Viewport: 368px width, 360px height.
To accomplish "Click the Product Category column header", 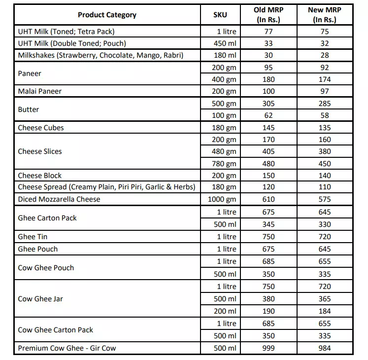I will (x=107, y=15).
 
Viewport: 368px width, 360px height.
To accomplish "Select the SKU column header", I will (x=220, y=15).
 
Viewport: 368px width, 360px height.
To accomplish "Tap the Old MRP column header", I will (x=268, y=15).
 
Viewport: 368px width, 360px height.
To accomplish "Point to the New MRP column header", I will (x=324, y=15).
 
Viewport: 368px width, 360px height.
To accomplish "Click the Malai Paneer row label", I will (x=40, y=91).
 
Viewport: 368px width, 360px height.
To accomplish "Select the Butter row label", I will (x=29, y=109).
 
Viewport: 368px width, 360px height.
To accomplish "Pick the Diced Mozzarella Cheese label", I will (x=59, y=199).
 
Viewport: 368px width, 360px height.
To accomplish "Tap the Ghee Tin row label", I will (x=33, y=237).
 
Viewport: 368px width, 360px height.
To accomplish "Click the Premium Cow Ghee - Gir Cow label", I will (x=67, y=348).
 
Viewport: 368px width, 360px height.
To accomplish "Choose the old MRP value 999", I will (x=268, y=348).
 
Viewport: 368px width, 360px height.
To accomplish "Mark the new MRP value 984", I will (x=325, y=348).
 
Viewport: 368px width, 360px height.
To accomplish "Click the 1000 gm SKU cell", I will (x=224, y=200).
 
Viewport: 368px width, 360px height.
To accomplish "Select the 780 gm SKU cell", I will (x=224, y=164).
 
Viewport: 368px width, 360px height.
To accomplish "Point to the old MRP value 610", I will (x=268, y=200).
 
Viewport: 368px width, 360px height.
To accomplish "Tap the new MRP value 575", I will (x=325, y=200).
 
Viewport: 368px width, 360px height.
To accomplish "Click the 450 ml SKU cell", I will (x=226, y=43).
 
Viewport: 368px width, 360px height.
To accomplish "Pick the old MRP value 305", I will (x=268, y=104).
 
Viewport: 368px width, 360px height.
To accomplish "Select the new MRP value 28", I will (x=325, y=55).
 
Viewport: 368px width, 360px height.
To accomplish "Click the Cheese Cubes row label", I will (x=41, y=128).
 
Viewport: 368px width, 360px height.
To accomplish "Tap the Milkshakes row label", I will (x=100, y=55).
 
